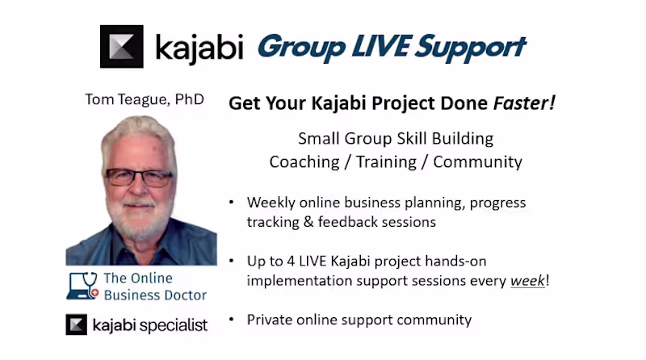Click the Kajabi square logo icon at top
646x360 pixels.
[121, 47]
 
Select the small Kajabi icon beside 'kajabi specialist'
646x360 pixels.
[76, 325]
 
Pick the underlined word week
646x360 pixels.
[527, 282]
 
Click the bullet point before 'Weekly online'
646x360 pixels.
[233, 203]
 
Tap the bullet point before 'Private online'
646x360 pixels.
[233, 320]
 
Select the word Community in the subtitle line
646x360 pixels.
[477, 161]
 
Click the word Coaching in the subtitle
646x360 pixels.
[304, 161]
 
